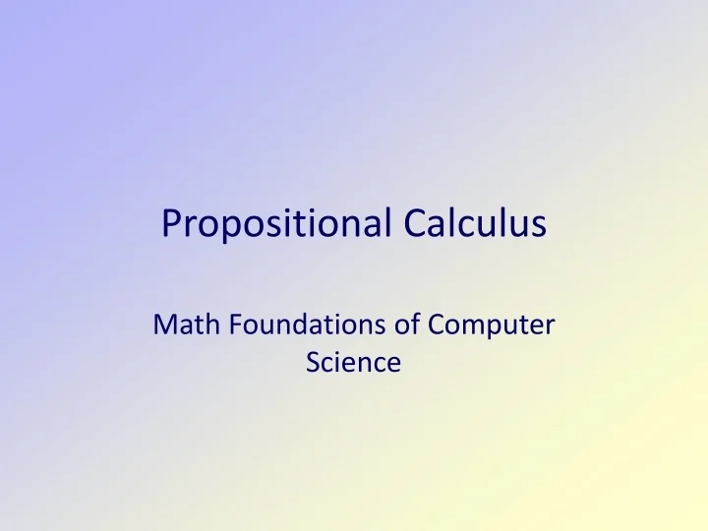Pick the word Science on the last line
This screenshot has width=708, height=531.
[x=353, y=362]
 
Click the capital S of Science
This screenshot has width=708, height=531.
[x=313, y=362]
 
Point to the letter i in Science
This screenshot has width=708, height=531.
[x=339, y=361]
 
